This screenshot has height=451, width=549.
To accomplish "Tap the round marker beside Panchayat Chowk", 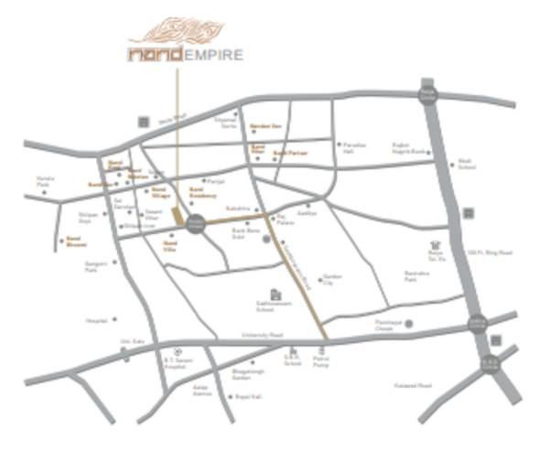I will tap(409, 324).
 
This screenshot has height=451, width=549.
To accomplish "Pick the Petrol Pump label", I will tap(320, 362).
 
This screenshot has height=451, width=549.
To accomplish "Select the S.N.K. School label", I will tap(292, 361).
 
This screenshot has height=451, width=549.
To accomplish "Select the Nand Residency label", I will tap(202, 195).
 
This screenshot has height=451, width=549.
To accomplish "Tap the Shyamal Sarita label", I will tap(225, 123).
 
